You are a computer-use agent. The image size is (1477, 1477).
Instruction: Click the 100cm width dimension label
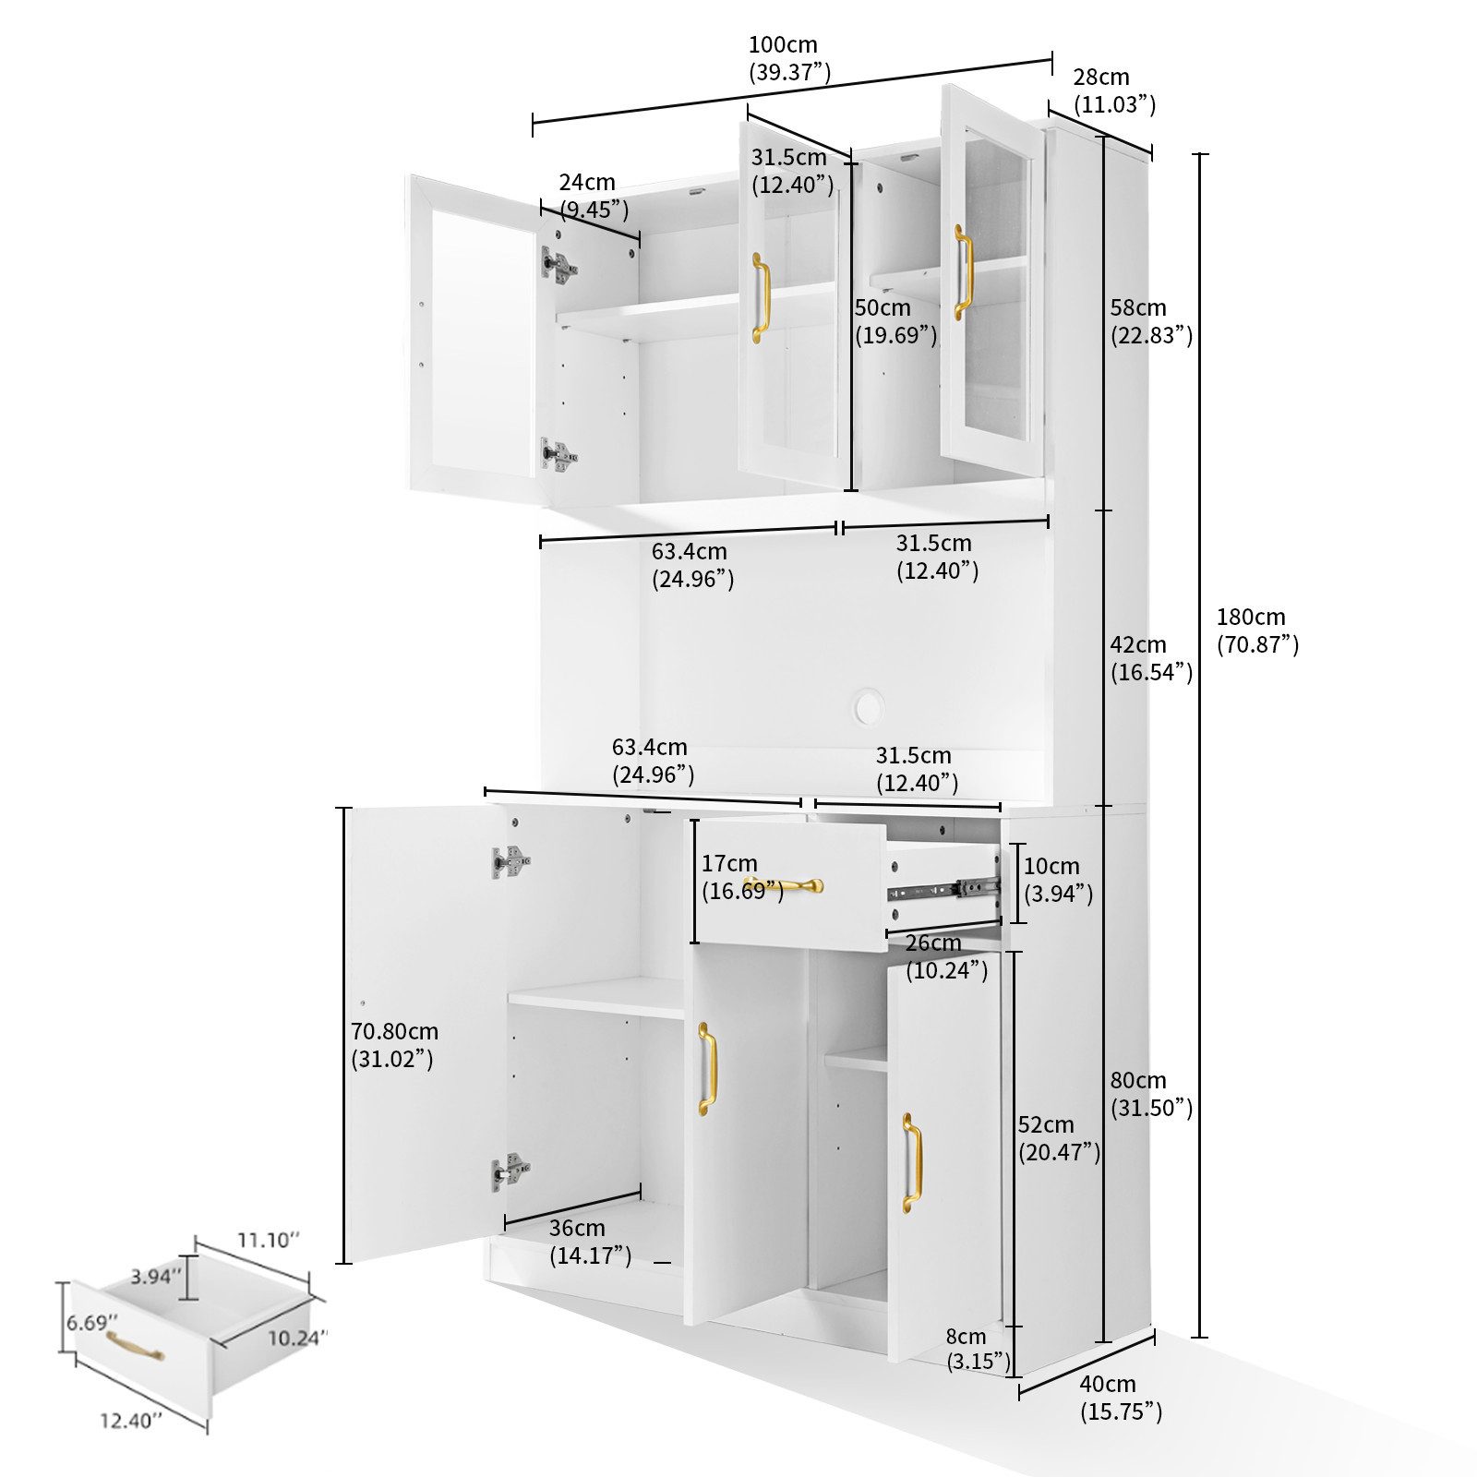pyautogui.click(x=787, y=58)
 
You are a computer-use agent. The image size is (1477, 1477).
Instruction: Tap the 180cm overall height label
pyautogui.click(x=1255, y=630)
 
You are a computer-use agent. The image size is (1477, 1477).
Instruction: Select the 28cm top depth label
pyautogui.click(x=1112, y=90)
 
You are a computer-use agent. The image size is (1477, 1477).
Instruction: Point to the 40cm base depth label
pyautogui.click(x=1119, y=1397)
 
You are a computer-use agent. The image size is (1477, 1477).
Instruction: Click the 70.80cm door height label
pyautogui.click(x=393, y=1045)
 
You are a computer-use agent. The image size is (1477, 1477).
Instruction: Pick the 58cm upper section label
pyautogui.click(x=1150, y=321)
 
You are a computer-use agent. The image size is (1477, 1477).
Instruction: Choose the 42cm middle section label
pyautogui.click(x=1150, y=658)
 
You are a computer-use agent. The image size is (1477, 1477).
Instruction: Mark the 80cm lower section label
pyautogui.click(x=1150, y=1094)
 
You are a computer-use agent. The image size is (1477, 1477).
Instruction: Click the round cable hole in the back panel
pyautogui.click(x=869, y=708)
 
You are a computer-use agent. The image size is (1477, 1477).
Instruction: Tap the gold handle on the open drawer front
pyautogui.click(x=785, y=885)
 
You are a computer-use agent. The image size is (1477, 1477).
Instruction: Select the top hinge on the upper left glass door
pyautogui.click(x=558, y=265)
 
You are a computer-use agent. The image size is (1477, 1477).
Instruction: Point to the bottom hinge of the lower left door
pyautogui.click(x=510, y=1171)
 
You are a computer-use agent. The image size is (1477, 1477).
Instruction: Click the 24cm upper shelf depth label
pyautogui.click(x=593, y=196)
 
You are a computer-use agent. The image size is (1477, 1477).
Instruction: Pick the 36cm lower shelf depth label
pyautogui.click(x=589, y=1242)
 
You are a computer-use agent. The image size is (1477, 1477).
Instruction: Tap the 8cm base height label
pyautogui.click(x=977, y=1349)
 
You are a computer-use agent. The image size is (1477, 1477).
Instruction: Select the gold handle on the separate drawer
pyautogui.click(x=134, y=1346)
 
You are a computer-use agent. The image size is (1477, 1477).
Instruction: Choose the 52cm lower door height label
pyautogui.click(x=1058, y=1138)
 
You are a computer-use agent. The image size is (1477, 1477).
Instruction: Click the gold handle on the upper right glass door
pyautogui.click(x=962, y=272)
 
